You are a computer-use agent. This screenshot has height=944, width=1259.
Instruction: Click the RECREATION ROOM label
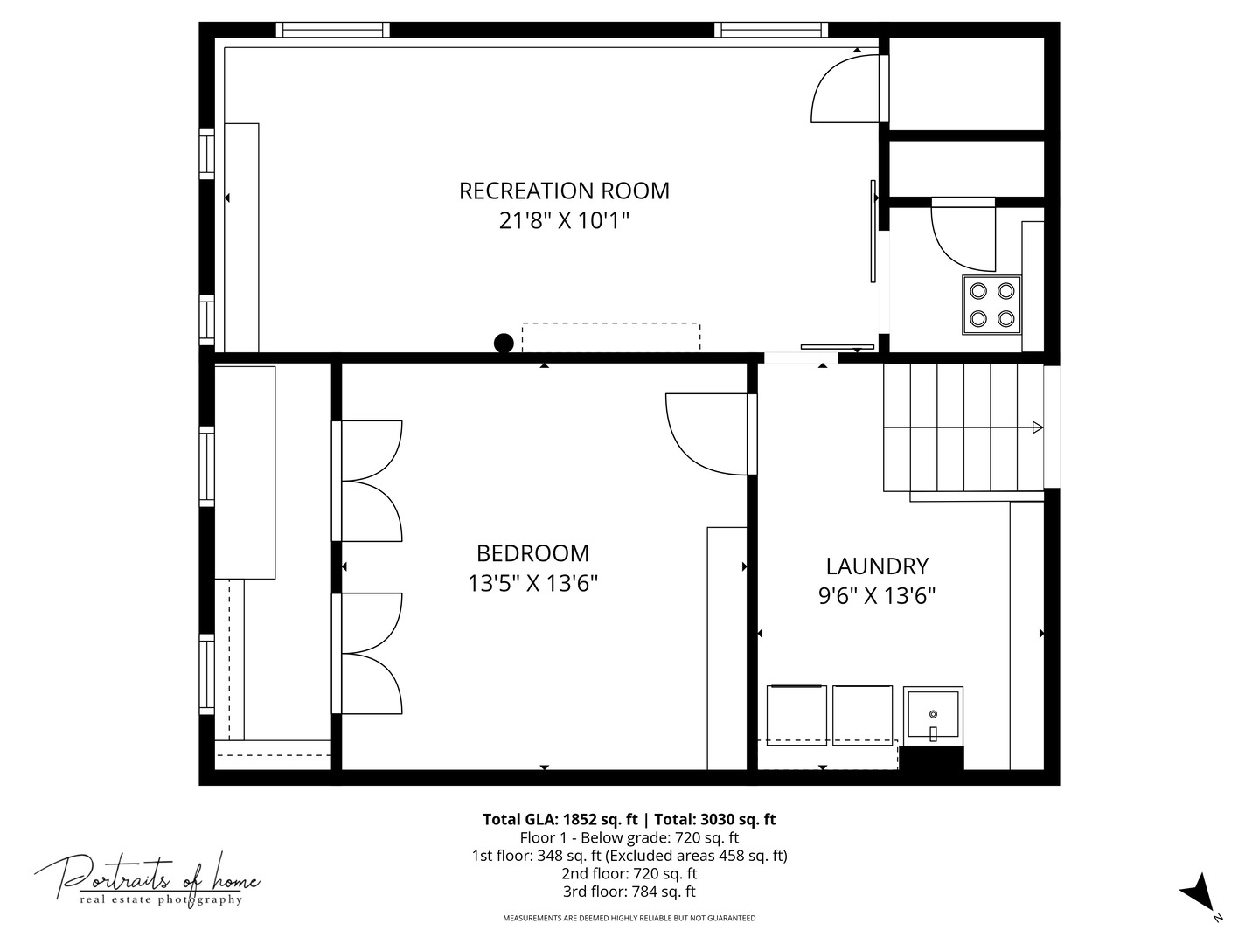tap(564, 191)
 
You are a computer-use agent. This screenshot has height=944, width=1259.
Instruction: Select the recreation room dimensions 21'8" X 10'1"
tap(564, 220)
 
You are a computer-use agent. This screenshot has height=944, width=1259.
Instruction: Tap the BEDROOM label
tap(532, 553)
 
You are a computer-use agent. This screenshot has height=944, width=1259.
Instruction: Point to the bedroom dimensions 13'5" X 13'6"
tap(532, 583)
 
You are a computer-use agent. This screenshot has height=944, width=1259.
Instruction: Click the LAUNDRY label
tap(877, 566)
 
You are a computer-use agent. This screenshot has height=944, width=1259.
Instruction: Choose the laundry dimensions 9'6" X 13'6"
tap(877, 596)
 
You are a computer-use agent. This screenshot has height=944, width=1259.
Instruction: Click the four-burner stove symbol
tap(991, 304)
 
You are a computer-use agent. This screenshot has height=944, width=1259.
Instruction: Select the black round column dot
tap(504, 344)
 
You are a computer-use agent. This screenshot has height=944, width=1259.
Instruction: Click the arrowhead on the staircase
tap(1037, 427)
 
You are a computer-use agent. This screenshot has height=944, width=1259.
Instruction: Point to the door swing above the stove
tap(963, 236)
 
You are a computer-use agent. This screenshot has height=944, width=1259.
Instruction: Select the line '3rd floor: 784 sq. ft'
tap(629, 892)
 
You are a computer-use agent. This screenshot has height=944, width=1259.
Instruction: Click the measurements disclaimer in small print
tap(629, 918)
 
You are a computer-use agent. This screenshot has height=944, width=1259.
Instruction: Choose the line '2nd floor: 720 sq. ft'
tap(629, 873)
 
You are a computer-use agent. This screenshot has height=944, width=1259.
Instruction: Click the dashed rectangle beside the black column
tap(611, 337)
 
